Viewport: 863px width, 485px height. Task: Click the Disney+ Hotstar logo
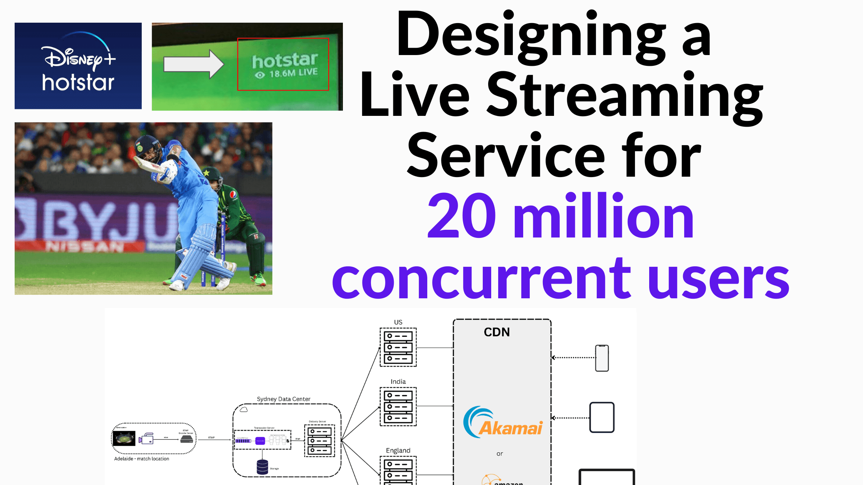point(78,66)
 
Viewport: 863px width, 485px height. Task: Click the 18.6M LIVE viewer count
point(293,73)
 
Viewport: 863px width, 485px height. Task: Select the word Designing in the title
point(531,37)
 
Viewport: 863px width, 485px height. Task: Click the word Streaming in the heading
point(625,96)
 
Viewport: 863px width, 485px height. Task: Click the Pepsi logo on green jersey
point(233,195)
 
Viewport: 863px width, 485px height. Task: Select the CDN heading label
point(497,332)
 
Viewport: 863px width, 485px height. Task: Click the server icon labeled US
point(398,347)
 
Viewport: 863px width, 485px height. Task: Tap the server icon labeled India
point(398,406)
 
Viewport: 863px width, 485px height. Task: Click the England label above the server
point(398,450)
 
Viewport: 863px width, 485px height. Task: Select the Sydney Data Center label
point(284,399)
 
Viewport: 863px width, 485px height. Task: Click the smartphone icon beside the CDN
point(602,358)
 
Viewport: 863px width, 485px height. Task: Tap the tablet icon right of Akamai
point(602,418)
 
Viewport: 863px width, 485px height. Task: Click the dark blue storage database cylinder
point(262,467)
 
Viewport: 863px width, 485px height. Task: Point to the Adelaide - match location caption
point(141,459)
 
